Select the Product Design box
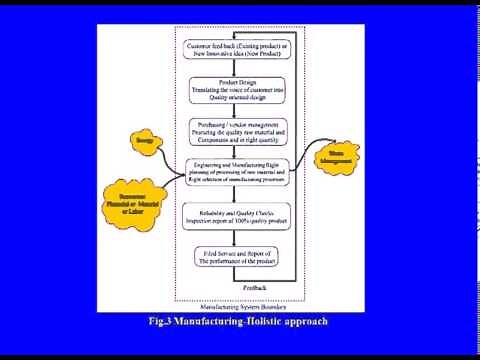(x=237, y=89)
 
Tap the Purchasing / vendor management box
(x=237, y=130)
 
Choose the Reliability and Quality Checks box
(x=237, y=216)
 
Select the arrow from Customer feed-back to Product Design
(x=237, y=67)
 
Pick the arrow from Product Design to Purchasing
(x=237, y=109)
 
